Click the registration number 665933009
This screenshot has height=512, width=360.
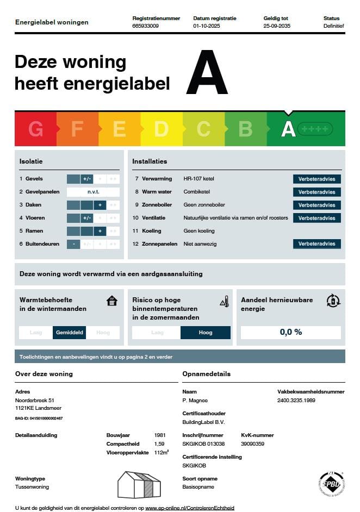pos(146,26)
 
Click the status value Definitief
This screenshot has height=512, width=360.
pos(333,26)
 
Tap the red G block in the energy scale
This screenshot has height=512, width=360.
pos(35,129)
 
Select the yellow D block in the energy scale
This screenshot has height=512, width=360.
pos(161,129)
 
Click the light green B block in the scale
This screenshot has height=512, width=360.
pos(245,129)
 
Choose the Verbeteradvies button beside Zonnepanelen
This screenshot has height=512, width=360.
pos(317,244)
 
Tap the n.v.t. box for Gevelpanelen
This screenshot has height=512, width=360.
pos(93,192)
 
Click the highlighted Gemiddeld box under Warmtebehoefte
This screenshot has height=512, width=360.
pos(69,333)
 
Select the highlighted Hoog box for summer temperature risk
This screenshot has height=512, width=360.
pos(206,333)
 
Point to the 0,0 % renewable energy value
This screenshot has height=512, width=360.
pos(291,332)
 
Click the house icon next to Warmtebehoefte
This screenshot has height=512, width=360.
pos(112,301)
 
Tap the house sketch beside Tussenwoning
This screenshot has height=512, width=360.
pos(139,485)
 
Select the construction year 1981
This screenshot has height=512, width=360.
pos(160,435)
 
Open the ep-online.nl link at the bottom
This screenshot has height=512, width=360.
pos(190,508)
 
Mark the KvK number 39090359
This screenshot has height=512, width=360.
pos(252,444)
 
